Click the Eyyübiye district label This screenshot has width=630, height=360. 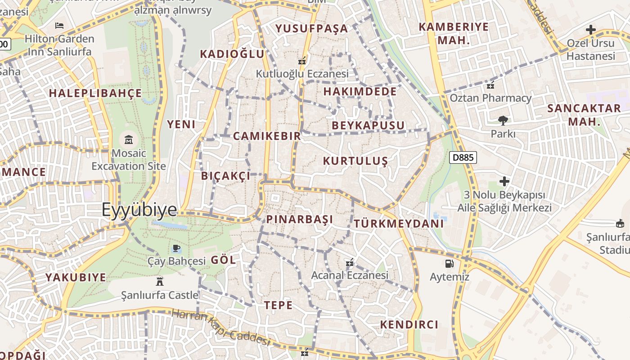pyautogui.click(x=139, y=210)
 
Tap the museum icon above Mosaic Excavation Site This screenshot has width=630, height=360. pyautogui.click(x=129, y=139)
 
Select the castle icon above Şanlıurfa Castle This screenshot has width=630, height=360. pyautogui.click(x=159, y=282)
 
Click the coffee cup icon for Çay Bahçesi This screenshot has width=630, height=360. pyautogui.click(x=176, y=248)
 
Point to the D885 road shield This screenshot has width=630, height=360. pyautogui.click(x=463, y=157)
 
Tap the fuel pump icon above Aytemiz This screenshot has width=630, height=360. pyautogui.click(x=449, y=264)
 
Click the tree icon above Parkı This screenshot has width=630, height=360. pyautogui.click(x=503, y=120)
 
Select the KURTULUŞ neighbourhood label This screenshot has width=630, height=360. pyautogui.click(x=355, y=161)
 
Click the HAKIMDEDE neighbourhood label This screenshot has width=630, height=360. pyautogui.click(x=360, y=92)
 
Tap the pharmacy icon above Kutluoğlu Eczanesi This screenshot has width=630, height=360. pyautogui.click(x=302, y=60)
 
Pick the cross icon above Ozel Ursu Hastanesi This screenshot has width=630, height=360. pyautogui.click(x=590, y=30)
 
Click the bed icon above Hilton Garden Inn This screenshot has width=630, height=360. pyautogui.click(x=59, y=26)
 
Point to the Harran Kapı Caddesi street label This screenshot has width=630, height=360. pyautogui.click(x=220, y=327)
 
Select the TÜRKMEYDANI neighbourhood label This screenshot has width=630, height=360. pyautogui.click(x=399, y=224)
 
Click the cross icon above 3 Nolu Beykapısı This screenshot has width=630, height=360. pyautogui.click(x=504, y=181)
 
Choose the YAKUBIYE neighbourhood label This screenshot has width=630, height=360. pyautogui.click(x=76, y=277)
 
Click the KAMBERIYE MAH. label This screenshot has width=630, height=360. pyautogui.click(x=454, y=33)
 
